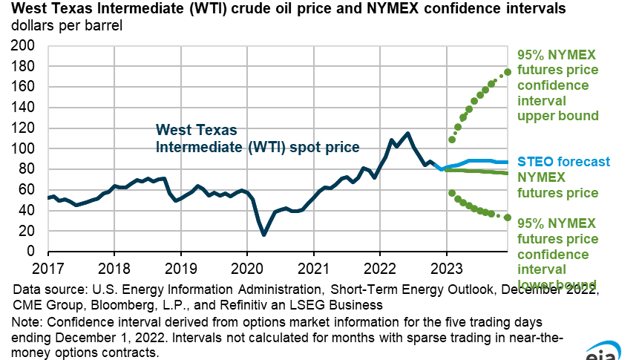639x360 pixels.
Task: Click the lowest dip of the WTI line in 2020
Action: coord(264,235)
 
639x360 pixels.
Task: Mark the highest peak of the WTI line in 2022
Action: coord(407,134)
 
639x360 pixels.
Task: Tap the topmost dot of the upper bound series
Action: coord(508,72)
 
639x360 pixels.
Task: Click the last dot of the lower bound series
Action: coord(508,217)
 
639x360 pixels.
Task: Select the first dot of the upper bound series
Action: coord(452,140)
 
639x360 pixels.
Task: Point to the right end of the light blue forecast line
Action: coord(508,162)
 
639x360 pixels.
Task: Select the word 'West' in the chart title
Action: coord(27,10)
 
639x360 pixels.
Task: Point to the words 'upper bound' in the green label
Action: coord(558,116)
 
